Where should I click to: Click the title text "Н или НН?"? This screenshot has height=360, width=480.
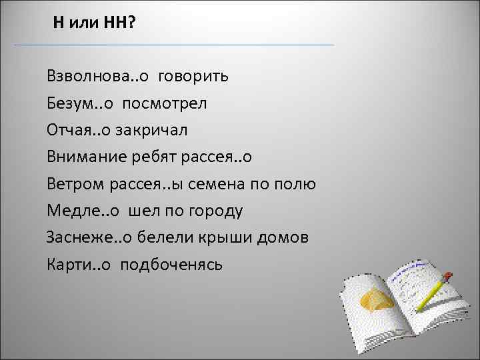pos(94,23)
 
